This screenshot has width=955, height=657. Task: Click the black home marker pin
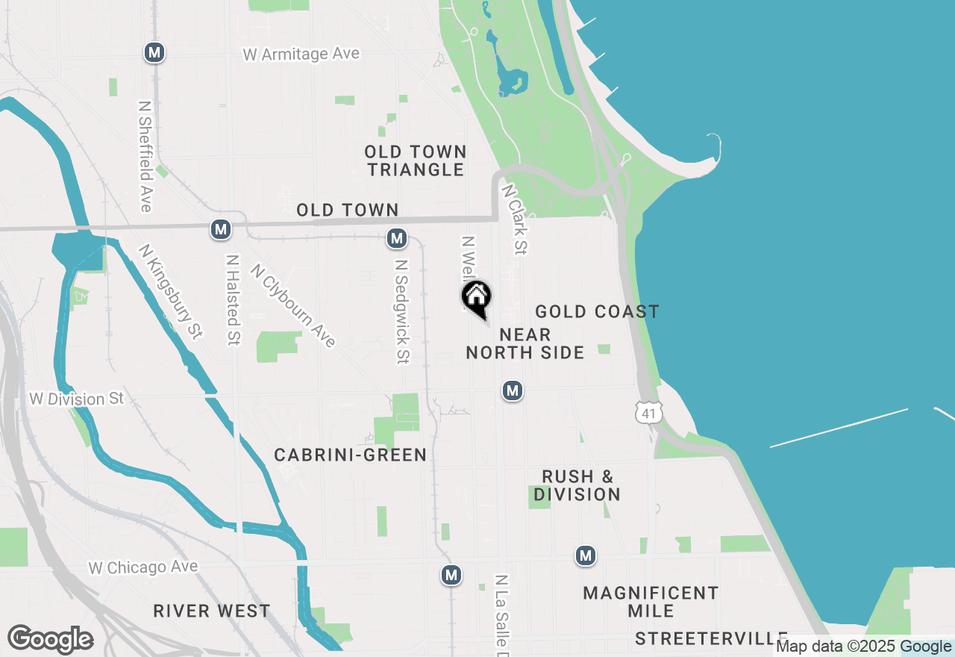pos(476,298)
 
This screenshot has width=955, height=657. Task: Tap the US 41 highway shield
pos(648,411)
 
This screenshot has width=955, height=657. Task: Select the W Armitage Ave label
pos(301,54)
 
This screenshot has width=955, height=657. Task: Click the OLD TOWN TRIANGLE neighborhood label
pos(416,161)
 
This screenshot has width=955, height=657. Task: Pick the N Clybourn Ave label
pos(293,305)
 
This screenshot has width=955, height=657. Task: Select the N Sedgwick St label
pos(402,311)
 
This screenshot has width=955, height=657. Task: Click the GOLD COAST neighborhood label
pos(597,311)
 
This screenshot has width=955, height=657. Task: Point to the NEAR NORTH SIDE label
pos(525,343)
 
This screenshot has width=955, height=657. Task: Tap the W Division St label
pos(77,399)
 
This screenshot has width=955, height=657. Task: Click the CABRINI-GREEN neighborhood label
pos(350,455)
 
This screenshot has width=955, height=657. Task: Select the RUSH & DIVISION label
pos(577,485)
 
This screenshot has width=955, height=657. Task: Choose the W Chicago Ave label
pos(143,567)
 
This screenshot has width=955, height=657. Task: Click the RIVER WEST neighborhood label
pos(212,611)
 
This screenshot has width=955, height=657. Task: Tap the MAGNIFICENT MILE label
pos(651,602)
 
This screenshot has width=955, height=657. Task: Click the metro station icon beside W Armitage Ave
pos(154,52)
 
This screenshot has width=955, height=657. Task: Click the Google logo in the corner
pos(50,640)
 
